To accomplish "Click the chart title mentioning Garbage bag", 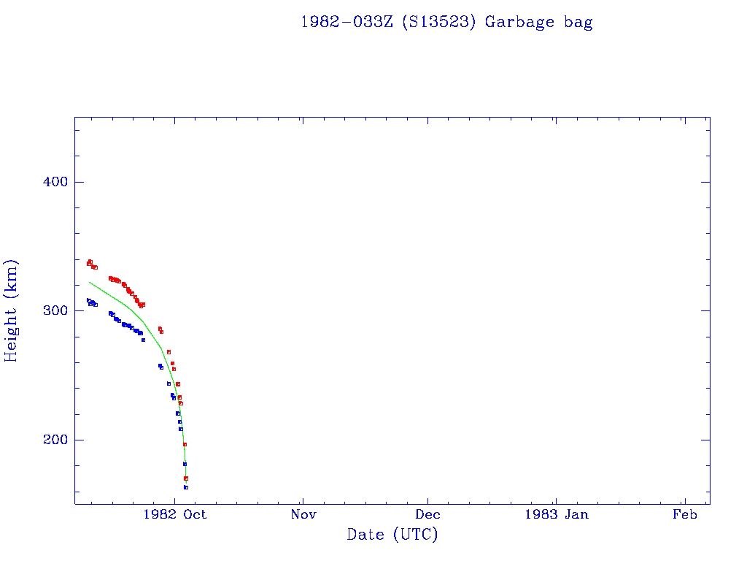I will pos(446,22).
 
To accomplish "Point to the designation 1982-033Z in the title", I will pos(347,22).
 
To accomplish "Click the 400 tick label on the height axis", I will pos(53,182).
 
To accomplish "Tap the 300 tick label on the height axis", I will pos(53,310).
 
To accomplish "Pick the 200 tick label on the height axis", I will pos(53,440).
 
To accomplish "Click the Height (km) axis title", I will pos(12,310).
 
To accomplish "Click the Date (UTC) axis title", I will pos(392,535).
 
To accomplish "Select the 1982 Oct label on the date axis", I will pos(175,514).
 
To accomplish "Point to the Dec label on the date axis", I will pos(428,514).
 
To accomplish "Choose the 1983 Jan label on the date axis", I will pos(557,514).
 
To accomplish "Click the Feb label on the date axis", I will pos(685,514).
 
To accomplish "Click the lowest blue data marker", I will pos(186,487).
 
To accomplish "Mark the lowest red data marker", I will pos(186,478).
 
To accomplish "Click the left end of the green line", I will pos(90,282).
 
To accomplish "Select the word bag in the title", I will pos(578,22).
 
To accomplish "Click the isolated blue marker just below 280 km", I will pos(143,340).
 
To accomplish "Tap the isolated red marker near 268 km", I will pos(169,352).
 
